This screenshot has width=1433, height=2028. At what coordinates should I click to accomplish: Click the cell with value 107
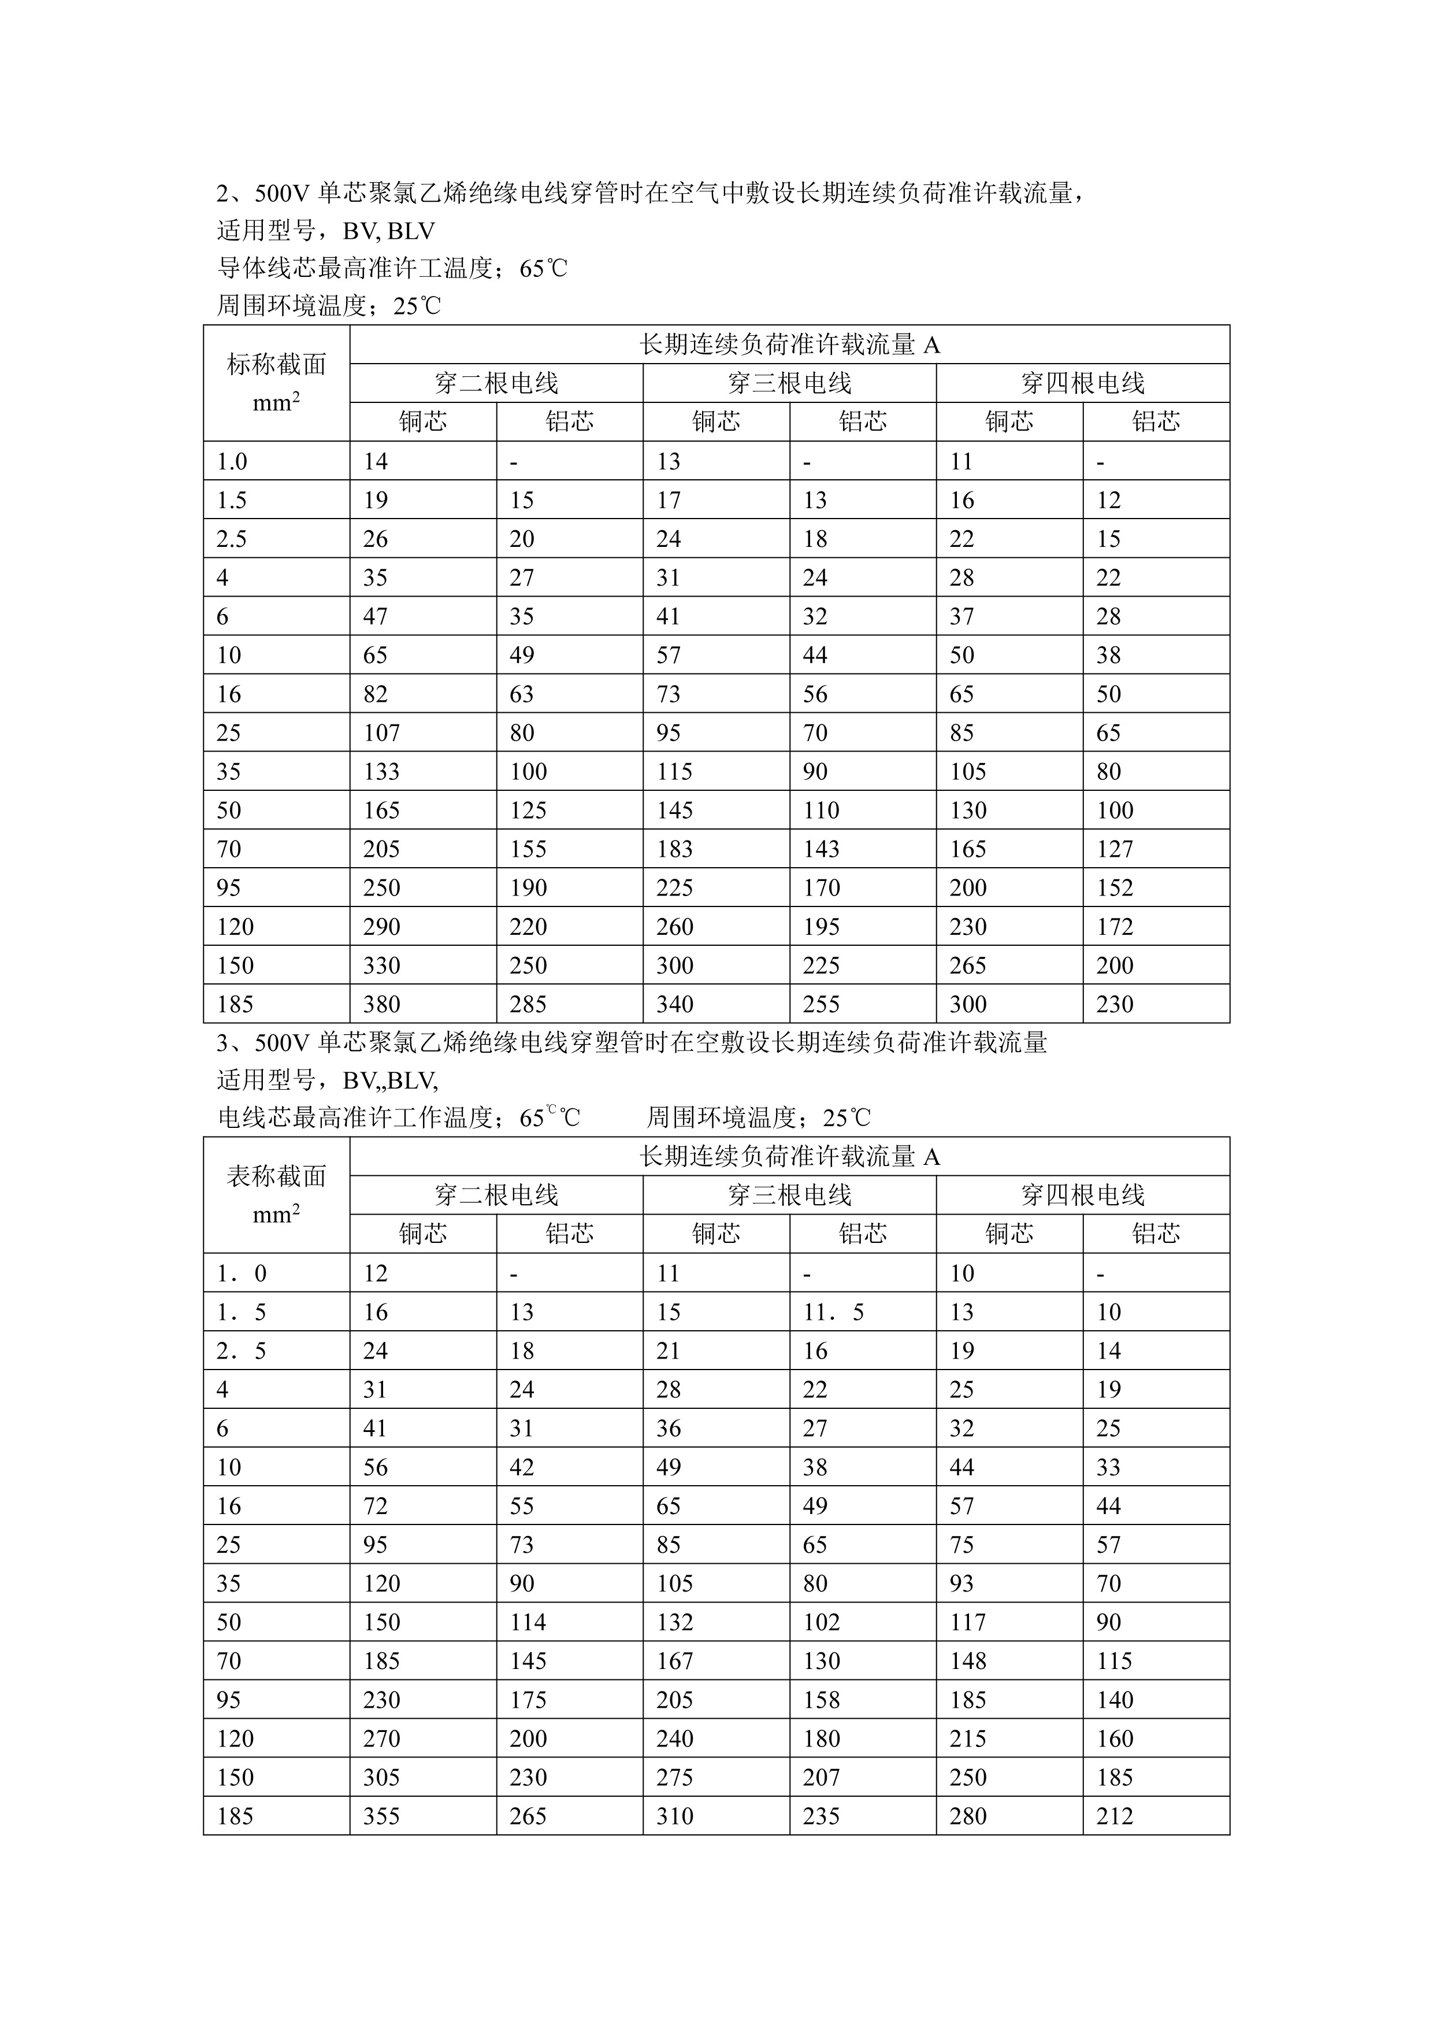click(381, 733)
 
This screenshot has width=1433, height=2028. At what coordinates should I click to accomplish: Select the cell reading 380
click(381, 1004)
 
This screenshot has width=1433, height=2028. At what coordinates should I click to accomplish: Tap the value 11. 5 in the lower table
click(833, 1312)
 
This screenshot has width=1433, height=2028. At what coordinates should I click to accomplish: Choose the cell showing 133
click(381, 772)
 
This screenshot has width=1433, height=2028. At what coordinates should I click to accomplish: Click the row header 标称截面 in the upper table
click(276, 364)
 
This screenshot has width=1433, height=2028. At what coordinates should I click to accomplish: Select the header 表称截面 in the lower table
click(276, 1176)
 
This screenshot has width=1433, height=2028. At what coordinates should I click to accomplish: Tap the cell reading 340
click(674, 1004)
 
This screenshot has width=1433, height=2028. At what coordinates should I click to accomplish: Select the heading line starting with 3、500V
click(632, 1043)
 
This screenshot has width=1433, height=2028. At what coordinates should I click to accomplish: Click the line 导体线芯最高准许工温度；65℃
click(392, 268)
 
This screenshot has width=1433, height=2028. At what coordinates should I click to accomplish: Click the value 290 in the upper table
click(381, 927)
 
